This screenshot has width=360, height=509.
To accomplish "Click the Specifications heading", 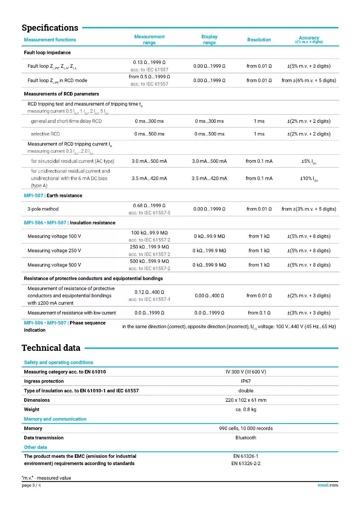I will click(50, 28).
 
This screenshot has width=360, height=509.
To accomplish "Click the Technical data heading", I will click(51, 348).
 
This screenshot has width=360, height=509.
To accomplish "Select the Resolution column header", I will click(259, 40).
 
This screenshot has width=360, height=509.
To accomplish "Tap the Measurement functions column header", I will click(50, 40).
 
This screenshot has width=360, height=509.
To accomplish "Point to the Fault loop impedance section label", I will click(47, 52).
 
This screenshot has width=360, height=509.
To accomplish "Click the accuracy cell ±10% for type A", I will click(309, 178).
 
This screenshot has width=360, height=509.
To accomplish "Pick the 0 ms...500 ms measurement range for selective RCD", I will click(149, 134).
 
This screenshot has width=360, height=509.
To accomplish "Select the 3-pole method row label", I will click(43, 209).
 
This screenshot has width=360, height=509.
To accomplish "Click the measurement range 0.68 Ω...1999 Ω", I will click(149, 206).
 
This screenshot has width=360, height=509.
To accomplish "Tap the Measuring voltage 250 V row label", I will click(54, 251).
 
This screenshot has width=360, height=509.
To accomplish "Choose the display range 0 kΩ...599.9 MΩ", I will click(209, 265).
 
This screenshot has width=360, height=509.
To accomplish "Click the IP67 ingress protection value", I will click(246, 381).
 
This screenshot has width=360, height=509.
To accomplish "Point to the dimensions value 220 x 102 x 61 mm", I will click(246, 400).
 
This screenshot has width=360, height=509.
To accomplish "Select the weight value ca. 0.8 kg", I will click(246, 409).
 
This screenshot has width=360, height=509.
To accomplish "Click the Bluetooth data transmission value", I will click(246, 438).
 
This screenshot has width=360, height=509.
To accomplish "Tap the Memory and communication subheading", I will click(55, 419).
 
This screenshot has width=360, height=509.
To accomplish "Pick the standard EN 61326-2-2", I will click(246, 464).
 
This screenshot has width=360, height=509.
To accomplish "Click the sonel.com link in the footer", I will click(328, 485).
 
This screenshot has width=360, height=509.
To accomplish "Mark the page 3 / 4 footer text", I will click(31, 485).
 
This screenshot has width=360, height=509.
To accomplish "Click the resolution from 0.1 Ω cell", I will click(259, 313).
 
